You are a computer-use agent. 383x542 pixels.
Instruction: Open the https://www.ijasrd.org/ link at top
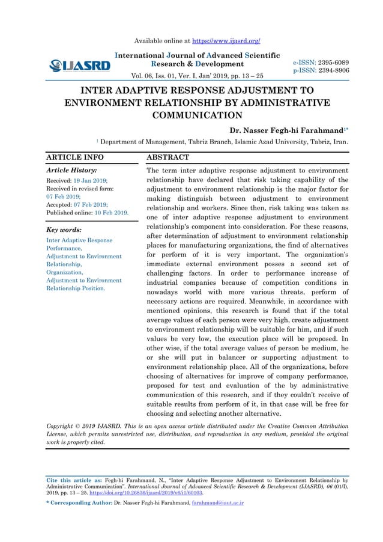[226, 41]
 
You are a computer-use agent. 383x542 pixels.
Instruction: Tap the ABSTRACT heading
[168, 157]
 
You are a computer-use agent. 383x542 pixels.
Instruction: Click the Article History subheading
[71, 171]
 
